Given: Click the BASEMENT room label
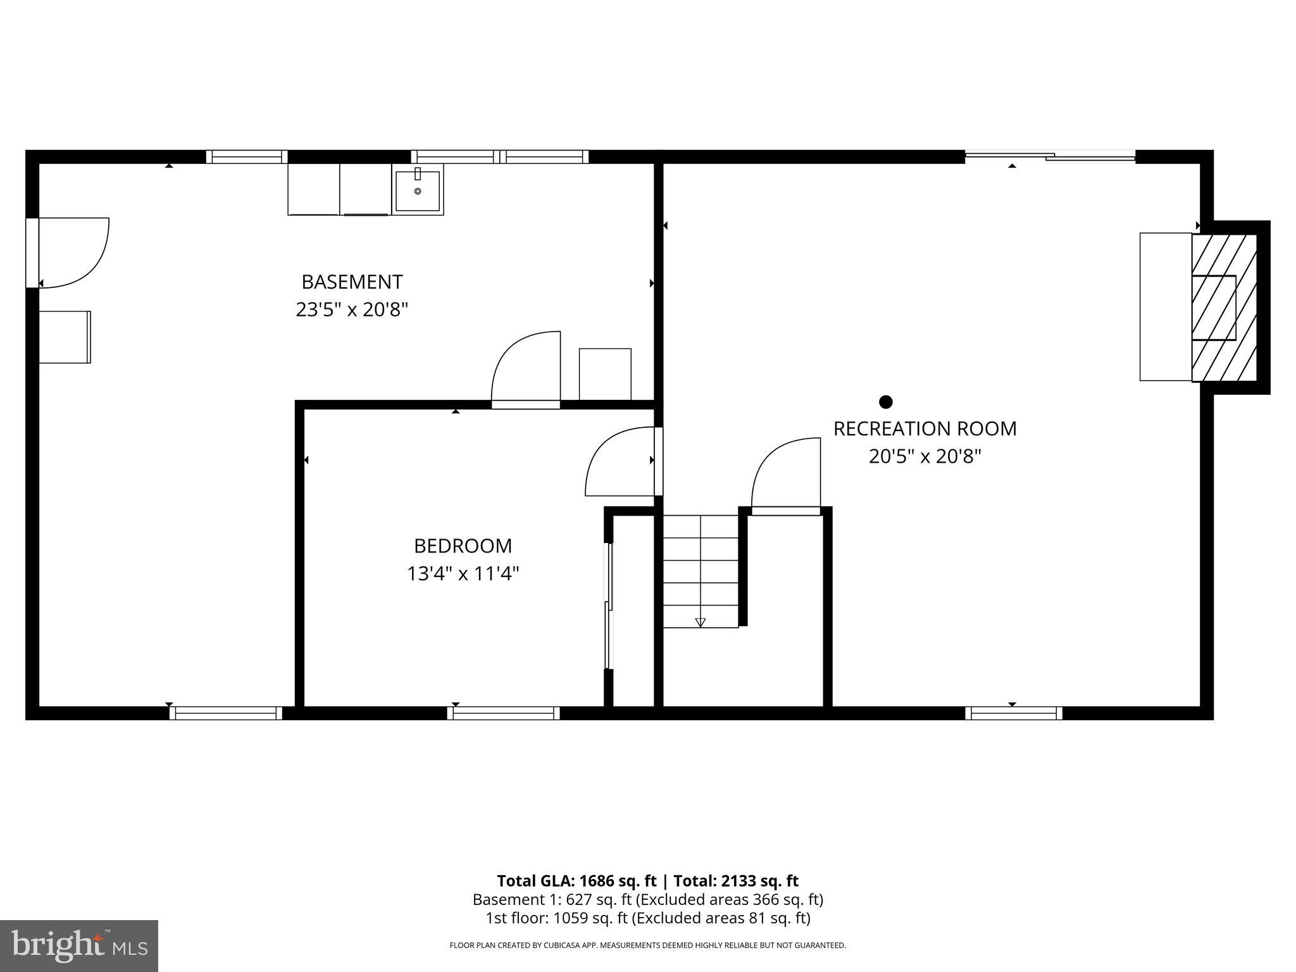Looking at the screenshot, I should (x=352, y=282).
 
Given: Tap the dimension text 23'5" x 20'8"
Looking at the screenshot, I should (x=352, y=310).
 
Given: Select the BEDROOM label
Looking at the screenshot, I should (x=463, y=545).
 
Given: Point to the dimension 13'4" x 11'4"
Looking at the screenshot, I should (x=463, y=574).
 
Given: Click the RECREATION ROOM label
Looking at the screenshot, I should (x=925, y=428).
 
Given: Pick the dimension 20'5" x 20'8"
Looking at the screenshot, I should (x=925, y=456).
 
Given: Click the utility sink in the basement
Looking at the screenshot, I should (x=417, y=190).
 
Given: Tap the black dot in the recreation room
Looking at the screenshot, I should (x=886, y=402).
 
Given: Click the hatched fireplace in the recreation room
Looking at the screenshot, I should (x=1224, y=308).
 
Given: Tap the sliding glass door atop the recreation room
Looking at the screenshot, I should (x=1049, y=155).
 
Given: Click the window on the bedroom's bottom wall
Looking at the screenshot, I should (x=504, y=713).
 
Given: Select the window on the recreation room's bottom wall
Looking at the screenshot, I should (x=1014, y=713).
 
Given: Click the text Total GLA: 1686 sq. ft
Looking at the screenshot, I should (x=576, y=881).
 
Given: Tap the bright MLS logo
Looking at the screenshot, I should (x=79, y=945).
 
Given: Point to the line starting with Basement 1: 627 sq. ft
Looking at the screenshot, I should (x=647, y=899).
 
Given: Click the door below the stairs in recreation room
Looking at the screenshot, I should (x=786, y=475).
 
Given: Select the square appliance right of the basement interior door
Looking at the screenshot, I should (x=605, y=374).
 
